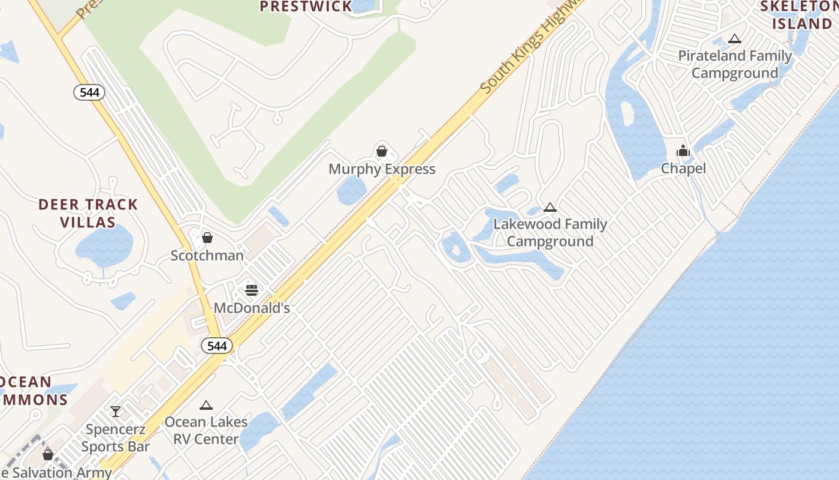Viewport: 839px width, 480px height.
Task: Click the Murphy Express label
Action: (382, 169)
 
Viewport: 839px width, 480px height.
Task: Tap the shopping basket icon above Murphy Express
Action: (382, 151)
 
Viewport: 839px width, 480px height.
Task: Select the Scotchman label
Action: (207, 256)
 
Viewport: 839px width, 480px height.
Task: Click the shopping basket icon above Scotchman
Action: (207, 238)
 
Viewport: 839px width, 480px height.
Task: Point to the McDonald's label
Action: (252, 308)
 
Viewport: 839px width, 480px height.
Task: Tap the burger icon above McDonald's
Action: (252, 290)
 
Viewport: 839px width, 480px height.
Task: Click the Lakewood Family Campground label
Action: (550, 233)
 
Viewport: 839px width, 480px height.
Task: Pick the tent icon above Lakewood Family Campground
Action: (550, 208)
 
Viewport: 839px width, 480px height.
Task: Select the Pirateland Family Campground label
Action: (735, 65)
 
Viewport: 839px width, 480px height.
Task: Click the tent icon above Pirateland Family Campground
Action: (735, 39)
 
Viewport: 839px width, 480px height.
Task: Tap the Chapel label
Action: (683, 169)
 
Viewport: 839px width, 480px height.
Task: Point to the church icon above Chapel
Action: (683, 151)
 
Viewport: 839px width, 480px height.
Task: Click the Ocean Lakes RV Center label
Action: (206, 430)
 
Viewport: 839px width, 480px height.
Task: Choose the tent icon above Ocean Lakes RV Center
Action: (206, 405)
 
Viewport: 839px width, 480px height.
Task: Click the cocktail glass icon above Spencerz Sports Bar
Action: (116, 412)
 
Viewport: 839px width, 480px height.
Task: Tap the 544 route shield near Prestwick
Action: (89, 92)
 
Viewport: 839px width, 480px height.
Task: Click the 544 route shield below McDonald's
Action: (216, 346)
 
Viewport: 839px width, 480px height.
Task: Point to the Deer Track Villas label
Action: (88, 213)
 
